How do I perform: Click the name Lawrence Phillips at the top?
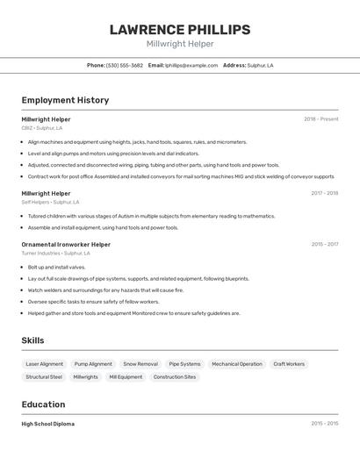[x=180, y=29]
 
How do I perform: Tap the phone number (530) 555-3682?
[x=125, y=65]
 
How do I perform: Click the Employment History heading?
[x=65, y=100]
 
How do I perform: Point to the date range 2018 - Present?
[x=320, y=118]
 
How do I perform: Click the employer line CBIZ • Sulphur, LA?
[x=42, y=128]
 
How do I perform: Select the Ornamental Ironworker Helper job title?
[x=66, y=244]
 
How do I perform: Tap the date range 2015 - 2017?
[x=324, y=244]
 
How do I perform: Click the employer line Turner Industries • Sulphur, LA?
[x=55, y=254]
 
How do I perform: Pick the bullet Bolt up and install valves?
[x=56, y=267]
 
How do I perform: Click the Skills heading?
[x=32, y=340]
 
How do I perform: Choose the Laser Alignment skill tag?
[x=45, y=363]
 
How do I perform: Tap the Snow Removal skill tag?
[x=140, y=363]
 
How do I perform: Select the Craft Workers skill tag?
[x=289, y=363]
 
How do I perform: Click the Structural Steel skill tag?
[x=44, y=376]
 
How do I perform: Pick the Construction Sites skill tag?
[x=175, y=376]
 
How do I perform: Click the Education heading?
[x=43, y=404]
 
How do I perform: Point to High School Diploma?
[x=48, y=424]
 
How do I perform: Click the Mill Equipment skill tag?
[x=126, y=376]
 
